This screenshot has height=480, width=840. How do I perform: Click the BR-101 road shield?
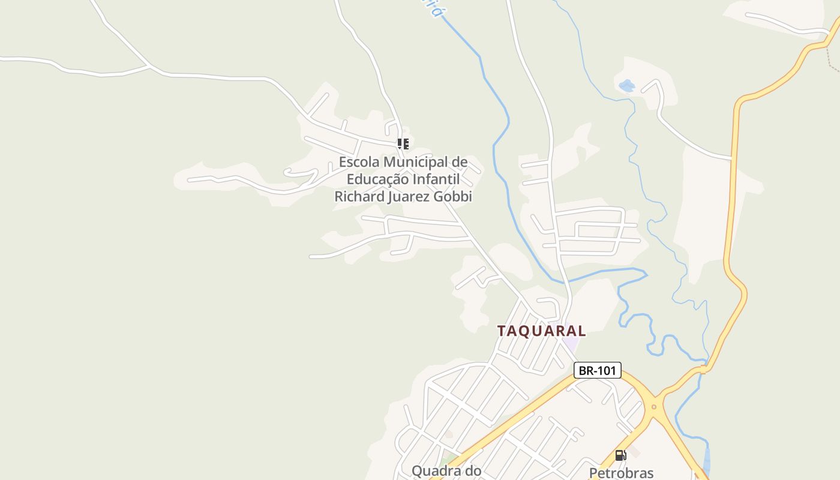(597, 370)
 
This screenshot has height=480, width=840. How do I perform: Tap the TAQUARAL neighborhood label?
(541, 331)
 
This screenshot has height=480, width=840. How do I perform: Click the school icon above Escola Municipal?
(403, 144)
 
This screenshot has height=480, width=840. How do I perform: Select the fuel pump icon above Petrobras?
(620, 455)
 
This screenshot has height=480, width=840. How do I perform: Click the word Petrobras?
(621, 473)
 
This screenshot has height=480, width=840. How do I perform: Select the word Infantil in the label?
(436, 179)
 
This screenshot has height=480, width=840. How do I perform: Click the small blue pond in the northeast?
(627, 86)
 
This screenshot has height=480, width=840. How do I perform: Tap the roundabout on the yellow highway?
(653, 407)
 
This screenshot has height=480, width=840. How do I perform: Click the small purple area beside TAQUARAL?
(571, 344)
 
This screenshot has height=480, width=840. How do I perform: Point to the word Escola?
(359, 162)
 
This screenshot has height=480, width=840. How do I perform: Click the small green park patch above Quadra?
(446, 460)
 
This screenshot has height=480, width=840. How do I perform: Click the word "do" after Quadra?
(472, 471)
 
